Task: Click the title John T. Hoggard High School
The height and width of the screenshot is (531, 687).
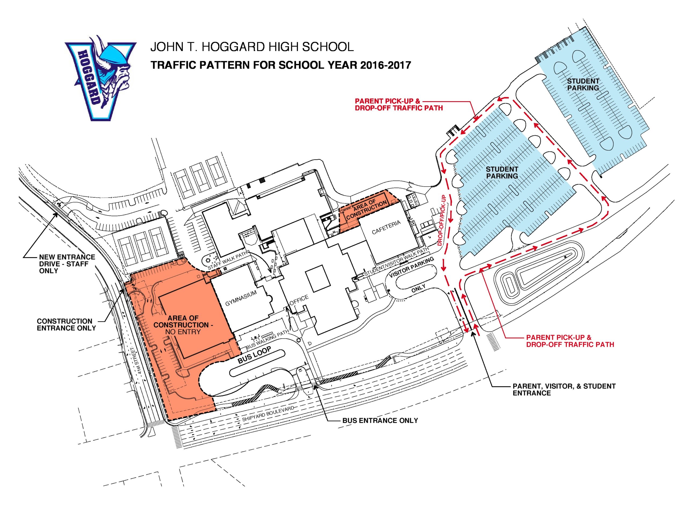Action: pyautogui.click(x=252, y=47)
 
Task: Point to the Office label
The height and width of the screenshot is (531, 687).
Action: pyautogui.click(x=299, y=300)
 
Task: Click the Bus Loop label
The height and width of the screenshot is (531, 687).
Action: pyautogui.click(x=254, y=355)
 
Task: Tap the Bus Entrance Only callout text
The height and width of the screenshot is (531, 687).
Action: pyautogui.click(x=380, y=420)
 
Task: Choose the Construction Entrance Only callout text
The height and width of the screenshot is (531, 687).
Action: pyautogui.click(x=66, y=325)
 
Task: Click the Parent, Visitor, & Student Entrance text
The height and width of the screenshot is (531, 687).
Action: pyautogui.click(x=564, y=389)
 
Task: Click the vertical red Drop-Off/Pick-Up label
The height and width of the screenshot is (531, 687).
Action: pyautogui.click(x=441, y=220)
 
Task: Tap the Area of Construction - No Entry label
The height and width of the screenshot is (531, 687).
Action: pyautogui.click(x=183, y=325)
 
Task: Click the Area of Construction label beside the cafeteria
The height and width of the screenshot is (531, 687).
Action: pyautogui.click(x=367, y=210)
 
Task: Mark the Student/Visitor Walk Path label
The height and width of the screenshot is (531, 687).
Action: pyautogui.click(x=396, y=262)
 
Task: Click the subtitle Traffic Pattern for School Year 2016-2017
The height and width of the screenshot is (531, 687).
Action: pyautogui.click(x=281, y=65)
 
